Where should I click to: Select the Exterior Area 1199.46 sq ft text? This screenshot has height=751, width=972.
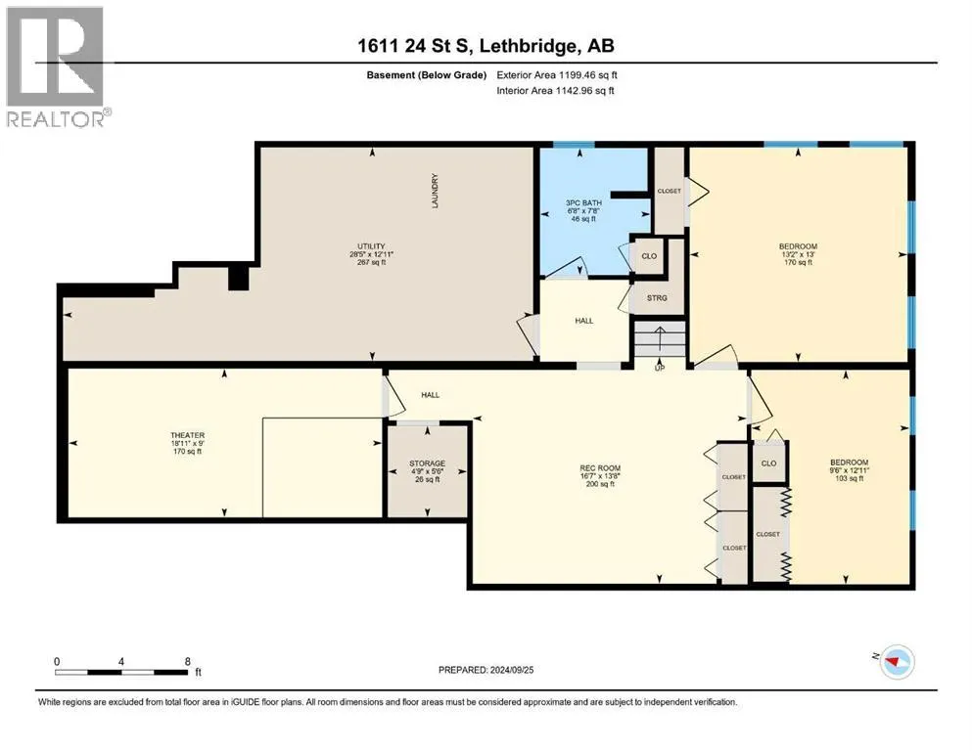click(557, 75)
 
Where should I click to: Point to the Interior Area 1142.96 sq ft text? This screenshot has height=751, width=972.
click(555, 90)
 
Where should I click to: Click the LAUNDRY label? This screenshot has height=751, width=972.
click(436, 191)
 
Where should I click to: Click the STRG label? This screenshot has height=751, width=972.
click(657, 298)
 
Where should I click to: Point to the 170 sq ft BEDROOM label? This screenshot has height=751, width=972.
click(798, 254)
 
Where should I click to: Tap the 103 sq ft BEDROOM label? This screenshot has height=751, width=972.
click(850, 470)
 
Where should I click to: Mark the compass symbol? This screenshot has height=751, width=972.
click(897, 662)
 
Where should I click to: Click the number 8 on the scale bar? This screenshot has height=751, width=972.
click(188, 661)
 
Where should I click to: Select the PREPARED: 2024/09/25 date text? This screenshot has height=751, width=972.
click(486, 670)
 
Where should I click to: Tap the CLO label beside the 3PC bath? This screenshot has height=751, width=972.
click(649, 256)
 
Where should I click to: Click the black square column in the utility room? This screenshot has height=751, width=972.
click(239, 278)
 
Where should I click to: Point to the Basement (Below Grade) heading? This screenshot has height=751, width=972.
click(427, 75)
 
